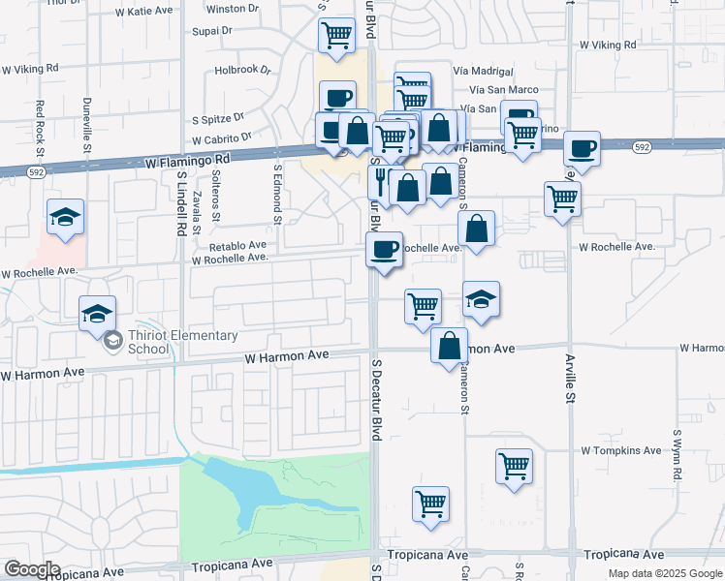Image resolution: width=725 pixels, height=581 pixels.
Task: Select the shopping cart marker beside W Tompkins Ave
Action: pos(514,466)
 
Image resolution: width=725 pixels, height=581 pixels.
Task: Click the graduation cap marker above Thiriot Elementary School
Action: pos(97,312)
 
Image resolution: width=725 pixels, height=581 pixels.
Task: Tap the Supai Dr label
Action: pos(213,30)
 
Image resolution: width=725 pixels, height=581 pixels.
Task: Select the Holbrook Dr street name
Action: pos(242,70)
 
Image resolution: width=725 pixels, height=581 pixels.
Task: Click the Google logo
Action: pos(32,568)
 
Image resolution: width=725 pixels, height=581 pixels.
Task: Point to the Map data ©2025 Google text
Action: pos(665,573)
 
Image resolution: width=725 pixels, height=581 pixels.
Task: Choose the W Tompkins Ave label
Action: pos(621,450)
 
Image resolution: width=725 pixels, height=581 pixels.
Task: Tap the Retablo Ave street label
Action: pos(237,246)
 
